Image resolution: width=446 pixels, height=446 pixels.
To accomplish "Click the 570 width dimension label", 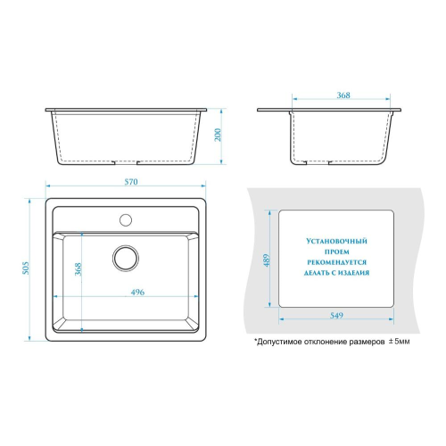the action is click(131, 182).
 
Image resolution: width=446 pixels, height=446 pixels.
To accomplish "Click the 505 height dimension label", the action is click(26, 268).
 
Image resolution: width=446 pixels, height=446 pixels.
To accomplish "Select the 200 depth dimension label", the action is click(218, 135).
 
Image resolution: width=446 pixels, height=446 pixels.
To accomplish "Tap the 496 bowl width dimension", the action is click(137, 293).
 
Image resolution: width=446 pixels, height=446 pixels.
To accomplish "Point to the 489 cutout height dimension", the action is click(267, 260).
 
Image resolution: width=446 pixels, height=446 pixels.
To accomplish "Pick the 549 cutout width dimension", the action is click(336, 315).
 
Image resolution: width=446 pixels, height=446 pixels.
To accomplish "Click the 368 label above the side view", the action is click(343, 95).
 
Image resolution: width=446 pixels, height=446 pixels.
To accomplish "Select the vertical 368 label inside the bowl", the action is click(78, 269).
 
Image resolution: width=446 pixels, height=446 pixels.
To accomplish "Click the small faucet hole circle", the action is click(126, 219).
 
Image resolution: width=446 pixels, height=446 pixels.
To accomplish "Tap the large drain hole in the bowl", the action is click(126, 258).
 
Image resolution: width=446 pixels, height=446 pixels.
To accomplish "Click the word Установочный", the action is click(336, 241).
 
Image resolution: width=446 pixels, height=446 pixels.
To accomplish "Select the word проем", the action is click(336, 252).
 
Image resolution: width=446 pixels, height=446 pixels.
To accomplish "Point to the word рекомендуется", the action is click(336, 262).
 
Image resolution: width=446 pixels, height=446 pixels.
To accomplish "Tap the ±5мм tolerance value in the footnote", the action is click(399, 342).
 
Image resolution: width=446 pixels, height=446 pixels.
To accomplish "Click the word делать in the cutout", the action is click(315, 273).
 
